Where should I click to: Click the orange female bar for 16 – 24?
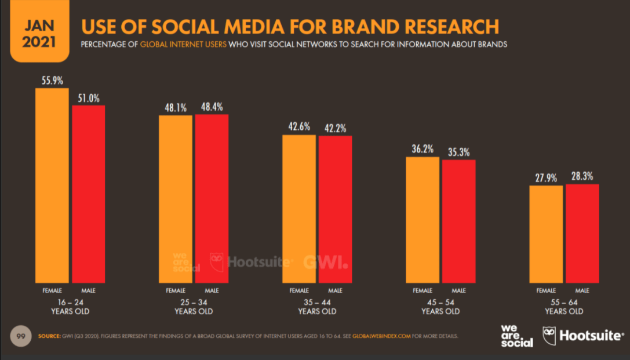click(x=52, y=186)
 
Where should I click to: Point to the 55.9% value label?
click(x=52, y=81)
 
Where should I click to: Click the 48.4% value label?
click(x=211, y=107)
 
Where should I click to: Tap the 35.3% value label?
click(x=458, y=152)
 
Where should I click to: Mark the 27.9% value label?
click(x=546, y=177)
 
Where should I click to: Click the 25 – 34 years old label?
click(x=194, y=307)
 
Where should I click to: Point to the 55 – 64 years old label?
click(x=564, y=307)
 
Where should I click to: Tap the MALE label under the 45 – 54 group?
click(x=458, y=290)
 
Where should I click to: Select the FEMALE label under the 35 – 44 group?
click(x=299, y=290)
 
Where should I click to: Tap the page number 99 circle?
click(x=20, y=336)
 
